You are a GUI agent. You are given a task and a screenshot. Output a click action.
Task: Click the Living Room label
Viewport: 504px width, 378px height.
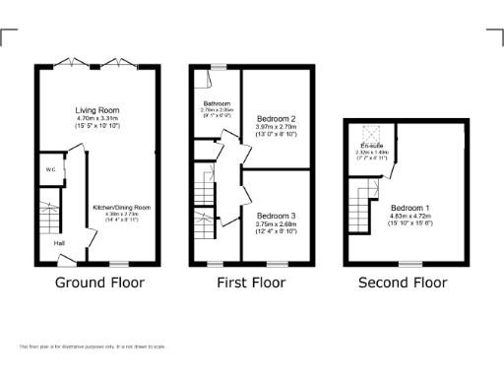pyautogui.click(x=96, y=110)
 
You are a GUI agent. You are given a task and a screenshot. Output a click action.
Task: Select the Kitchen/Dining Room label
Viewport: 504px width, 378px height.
pyautogui.click(x=121, y=208)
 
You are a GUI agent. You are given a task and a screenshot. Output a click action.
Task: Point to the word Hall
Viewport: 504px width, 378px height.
pyautogui.click(x=60, y=242)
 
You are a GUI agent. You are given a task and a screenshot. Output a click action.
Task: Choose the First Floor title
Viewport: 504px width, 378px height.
pyautogui.click(x=251, y=283)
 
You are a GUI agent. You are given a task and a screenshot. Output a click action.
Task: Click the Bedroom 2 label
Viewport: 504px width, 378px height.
pyautogui.click(x=276, y=118)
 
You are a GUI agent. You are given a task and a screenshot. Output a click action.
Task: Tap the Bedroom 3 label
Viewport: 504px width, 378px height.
pyautogui.click(x=276, y=216)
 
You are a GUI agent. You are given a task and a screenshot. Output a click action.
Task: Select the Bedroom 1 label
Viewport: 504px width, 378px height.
pyautogui.click(x=410, y=209)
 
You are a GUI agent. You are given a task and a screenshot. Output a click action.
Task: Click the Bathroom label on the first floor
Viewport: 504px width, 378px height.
pyautogui.click(x=217, y=103)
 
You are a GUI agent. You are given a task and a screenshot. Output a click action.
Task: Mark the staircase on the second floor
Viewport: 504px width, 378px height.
pyautogui.click(x=366, y=203)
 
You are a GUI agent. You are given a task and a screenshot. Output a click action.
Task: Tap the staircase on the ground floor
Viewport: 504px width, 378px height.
pyautogui.click(x=49, y=211)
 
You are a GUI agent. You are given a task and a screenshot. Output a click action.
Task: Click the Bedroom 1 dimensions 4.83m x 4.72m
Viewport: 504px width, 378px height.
pyautogui.click(x=410, y=217)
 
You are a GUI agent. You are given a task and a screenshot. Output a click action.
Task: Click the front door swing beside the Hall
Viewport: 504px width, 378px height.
pyautogui.click(x=67, y=259)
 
